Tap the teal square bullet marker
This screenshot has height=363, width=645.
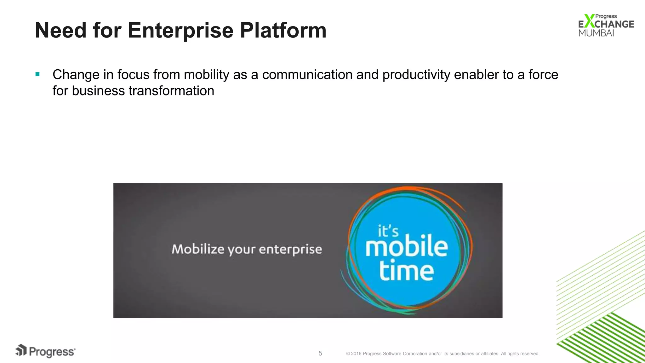click(37, 74)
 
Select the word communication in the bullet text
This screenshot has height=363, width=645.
click(307, 75)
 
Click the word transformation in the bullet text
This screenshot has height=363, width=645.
click(171, 91)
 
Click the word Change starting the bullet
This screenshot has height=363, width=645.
click(76, 75)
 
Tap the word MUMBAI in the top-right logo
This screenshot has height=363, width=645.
click(596, 33)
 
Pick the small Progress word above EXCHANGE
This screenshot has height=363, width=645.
click(606, 16)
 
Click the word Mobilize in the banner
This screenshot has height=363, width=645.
click(198, 249)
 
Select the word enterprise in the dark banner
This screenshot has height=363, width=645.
click(290, 250)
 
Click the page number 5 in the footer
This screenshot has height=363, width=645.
click(320, 353)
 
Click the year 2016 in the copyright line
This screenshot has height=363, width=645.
click(356, 354)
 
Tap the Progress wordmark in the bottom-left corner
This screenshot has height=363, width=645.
click(52, 352)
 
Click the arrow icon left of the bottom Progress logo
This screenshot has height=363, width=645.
click(21, 350)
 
